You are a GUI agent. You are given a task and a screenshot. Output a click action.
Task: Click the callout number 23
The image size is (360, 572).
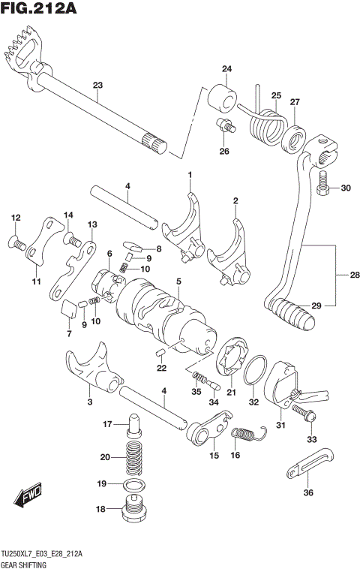(97, 85)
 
